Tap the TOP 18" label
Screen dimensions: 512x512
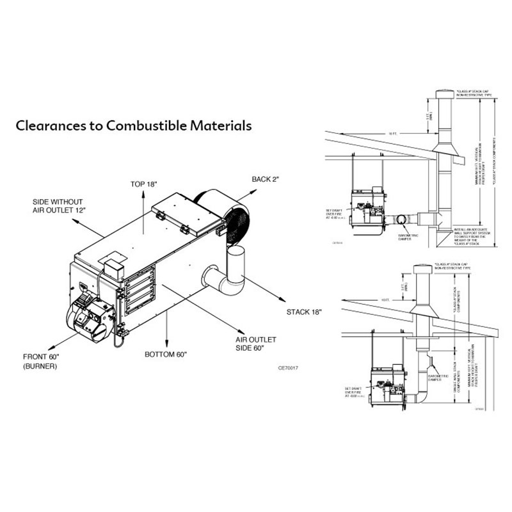tap(143, 184)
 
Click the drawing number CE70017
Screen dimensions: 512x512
tap(289, 368)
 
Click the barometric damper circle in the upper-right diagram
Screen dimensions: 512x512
tap(400, 220)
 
